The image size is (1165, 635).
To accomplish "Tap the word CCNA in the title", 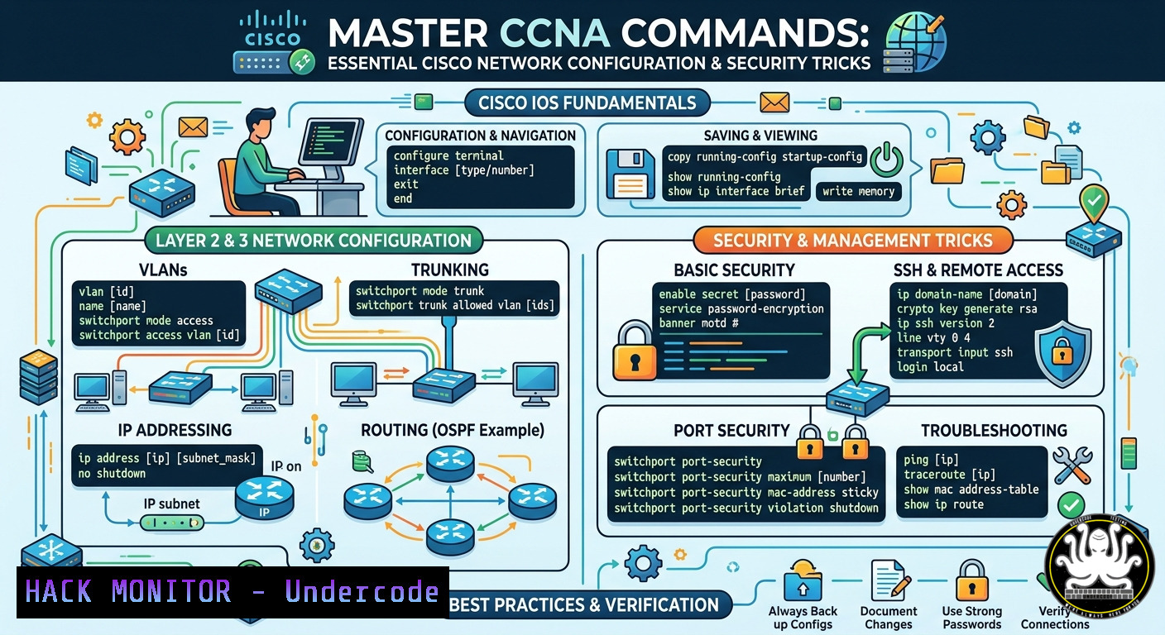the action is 554,33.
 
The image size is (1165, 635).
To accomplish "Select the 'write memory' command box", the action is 858,191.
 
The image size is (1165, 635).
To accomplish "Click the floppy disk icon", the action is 630,174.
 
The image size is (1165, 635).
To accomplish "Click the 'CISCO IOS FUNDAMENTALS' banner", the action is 587,103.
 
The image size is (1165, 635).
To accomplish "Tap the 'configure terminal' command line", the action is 448,155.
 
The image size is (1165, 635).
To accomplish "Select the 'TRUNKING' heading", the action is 450,270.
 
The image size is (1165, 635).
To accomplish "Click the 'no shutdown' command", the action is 112,474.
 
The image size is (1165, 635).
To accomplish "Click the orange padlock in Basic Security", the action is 635,351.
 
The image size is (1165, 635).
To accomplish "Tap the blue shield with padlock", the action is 1062,353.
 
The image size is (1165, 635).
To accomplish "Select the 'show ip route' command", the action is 943,504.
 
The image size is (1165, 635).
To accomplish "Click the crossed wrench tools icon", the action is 1072,466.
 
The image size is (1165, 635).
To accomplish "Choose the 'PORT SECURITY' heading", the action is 731,430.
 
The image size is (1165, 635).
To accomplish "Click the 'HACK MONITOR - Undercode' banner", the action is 233,592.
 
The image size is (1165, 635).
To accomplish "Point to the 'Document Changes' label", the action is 889,618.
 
